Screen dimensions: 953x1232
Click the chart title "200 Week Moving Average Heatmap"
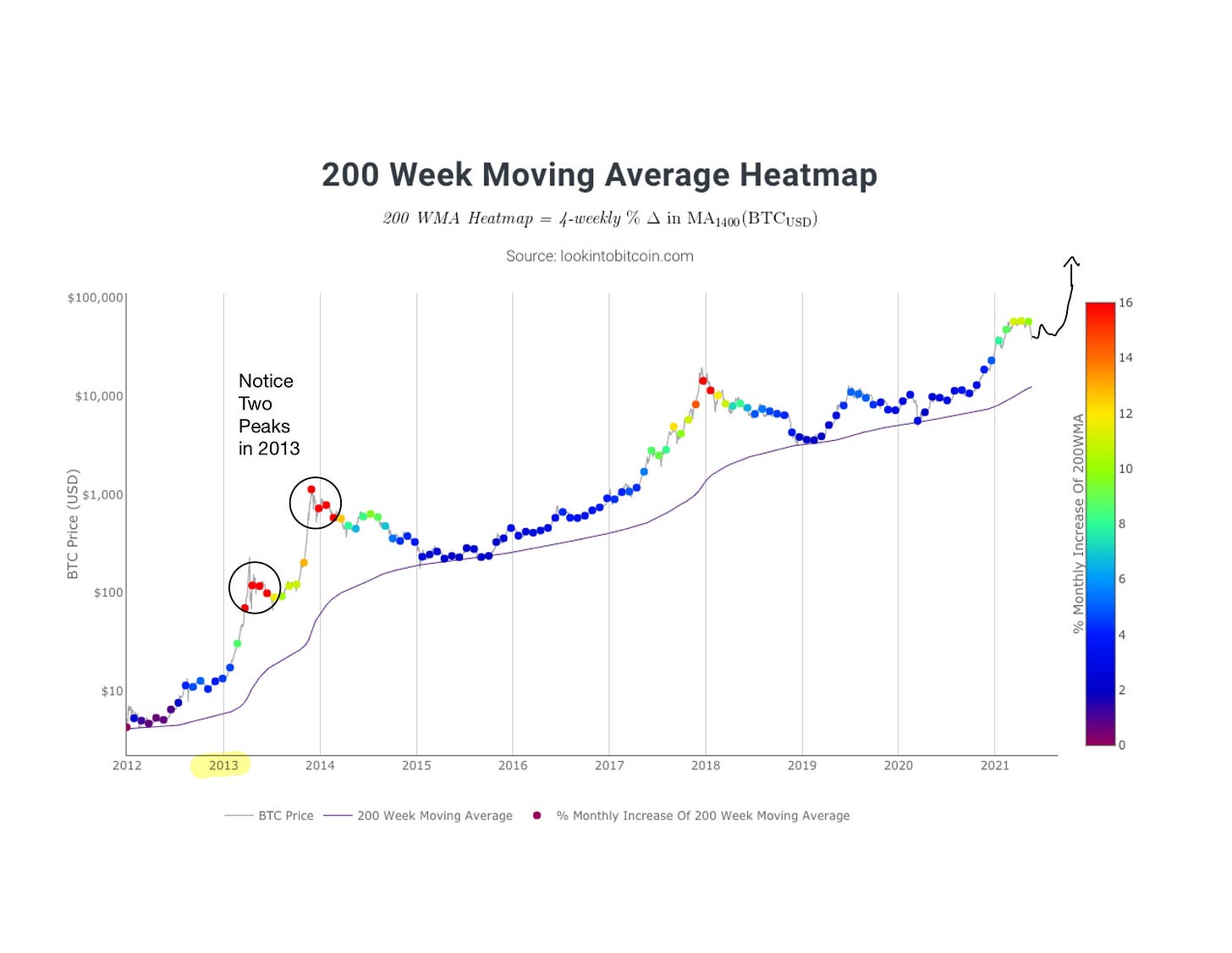(x=599, y=175)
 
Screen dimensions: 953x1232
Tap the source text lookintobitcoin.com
(x=599, y=256)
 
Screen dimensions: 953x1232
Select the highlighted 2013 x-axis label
(x=223, y=765)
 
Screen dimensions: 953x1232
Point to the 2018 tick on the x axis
(x=706, y=765)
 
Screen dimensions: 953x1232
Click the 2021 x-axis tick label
(x=995, y=765)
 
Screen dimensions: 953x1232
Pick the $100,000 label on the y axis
(x=95, y=298)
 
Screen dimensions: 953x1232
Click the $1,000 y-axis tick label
(x=102, y=494)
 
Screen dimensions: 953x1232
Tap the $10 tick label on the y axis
(x=112, y=691)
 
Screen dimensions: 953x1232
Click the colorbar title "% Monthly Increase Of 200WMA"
(x=1078, y=523)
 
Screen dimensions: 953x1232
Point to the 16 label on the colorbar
(x=1125, y=303)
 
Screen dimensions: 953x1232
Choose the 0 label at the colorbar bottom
(x=1122, y=745)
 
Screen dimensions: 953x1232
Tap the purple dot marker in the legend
(x=536, y=815)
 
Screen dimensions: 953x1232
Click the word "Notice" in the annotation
(x=266, y=381)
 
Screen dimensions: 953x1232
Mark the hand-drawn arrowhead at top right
(x=1071, y=262)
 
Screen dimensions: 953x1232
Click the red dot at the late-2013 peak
(x=311, y=489)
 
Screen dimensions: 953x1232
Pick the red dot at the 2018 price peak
(x=703, y=381)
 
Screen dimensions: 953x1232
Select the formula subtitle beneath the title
(x=599, y=218)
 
